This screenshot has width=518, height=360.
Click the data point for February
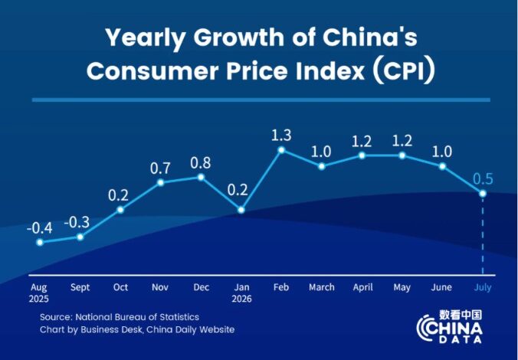point(281,150)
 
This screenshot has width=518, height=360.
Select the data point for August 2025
point(40,242)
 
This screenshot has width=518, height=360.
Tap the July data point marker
point(483,194)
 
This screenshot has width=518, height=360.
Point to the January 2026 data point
point(241,210)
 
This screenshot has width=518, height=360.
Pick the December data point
point(201,178)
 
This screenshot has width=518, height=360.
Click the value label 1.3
point(281,136)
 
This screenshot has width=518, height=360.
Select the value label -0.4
point(40,228)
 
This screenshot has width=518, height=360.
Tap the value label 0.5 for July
point(483,179)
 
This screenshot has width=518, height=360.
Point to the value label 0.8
point(201,163)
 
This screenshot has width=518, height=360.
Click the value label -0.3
point(77,223)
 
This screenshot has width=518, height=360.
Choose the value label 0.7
point(160,169)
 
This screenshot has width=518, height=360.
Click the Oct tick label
point(120,287)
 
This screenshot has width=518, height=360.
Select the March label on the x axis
point(322,287)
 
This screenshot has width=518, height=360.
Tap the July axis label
point(483,288)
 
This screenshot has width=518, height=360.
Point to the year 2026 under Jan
point(241,299)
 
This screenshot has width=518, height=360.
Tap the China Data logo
point(449,326)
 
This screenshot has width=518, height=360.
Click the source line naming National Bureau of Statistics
point(120,317)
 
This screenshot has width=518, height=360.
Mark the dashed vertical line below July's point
point(483,236)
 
